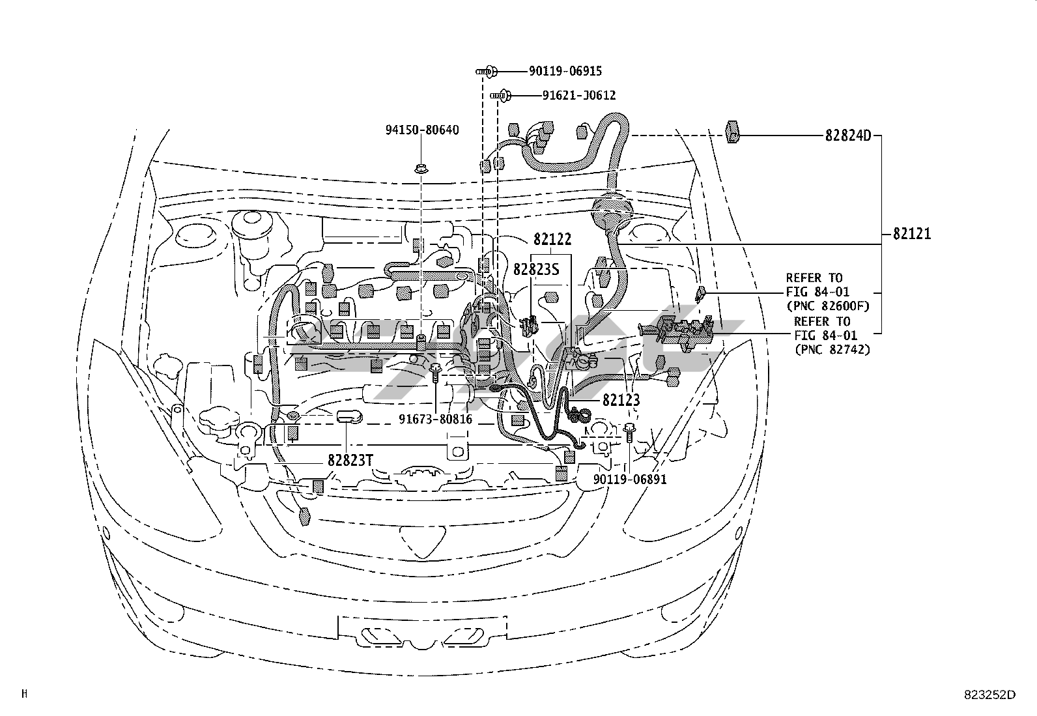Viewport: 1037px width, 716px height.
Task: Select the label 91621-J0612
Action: coord(578,96)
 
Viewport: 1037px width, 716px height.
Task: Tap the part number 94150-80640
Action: coord(421,130)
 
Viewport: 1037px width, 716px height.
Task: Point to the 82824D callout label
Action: coord(847,136)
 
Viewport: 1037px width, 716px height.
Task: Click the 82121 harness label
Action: coord(911,233)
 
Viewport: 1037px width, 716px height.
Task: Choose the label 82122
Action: coord(552,240)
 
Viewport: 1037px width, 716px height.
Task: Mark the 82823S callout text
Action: coord(536,269)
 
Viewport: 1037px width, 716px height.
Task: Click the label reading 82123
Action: coord(621,400)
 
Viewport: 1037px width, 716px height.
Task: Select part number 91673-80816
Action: coord(435,419)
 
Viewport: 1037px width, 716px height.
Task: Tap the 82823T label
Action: coord(350,460)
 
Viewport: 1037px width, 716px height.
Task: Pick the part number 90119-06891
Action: coord(630,480)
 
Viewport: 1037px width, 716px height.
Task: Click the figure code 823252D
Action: coord(989,695)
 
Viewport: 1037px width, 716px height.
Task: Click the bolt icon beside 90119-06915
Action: coord(487,70)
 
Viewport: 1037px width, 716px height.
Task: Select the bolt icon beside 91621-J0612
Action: coord(501,96)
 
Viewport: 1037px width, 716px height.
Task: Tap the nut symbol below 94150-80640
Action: coord(421,169)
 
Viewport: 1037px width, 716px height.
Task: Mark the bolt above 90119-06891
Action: coord(629,431)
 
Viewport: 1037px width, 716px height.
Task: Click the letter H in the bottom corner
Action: coord(24,694)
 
